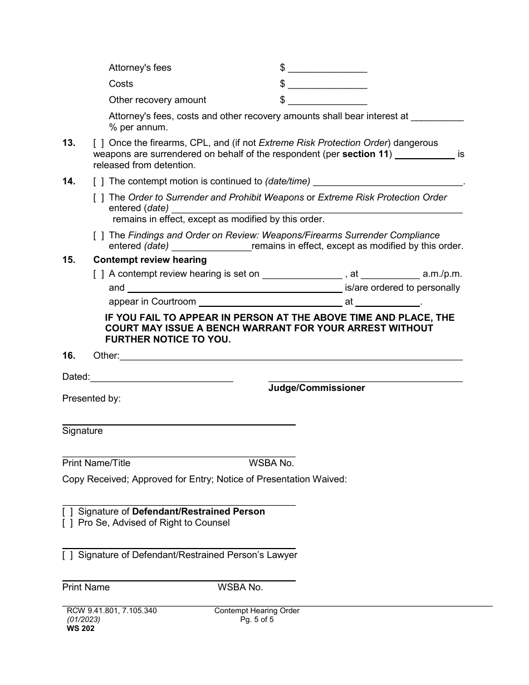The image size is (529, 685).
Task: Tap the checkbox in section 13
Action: pos(99,143)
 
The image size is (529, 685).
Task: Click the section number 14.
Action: pos(68,181)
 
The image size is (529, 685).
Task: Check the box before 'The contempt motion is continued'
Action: pos(99,181)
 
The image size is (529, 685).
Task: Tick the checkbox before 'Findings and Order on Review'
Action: pos(99,236)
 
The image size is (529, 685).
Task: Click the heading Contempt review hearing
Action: pos(150,260)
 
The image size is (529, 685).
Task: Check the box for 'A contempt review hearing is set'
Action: pos(99,274)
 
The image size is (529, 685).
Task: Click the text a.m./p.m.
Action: pos(442,274)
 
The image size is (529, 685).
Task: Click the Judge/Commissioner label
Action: pos(316,388)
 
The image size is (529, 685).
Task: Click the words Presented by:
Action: pos(91,398)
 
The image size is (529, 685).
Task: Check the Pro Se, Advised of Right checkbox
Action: pos(67,523)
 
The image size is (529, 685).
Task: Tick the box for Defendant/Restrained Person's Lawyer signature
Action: pos(67,555)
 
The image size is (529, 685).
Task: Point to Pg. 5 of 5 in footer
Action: pos(257,619)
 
